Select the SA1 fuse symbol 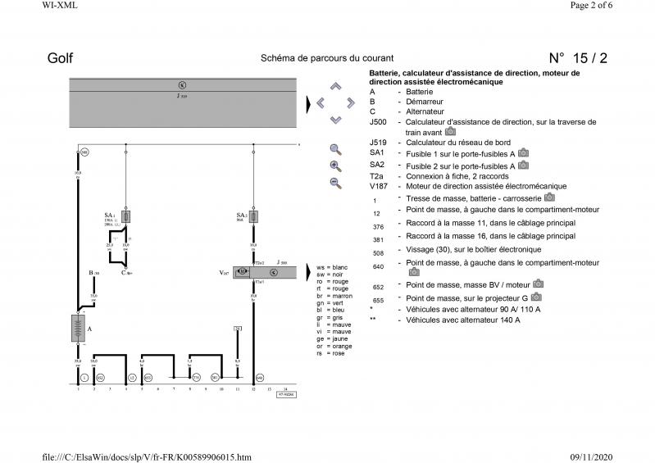125,216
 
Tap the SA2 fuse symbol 254,216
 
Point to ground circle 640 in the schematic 260,377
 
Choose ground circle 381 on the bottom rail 215,377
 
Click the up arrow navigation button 335,86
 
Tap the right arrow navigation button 351,102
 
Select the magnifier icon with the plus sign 335,166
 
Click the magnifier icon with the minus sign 335,182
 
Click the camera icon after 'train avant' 450,131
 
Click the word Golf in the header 61,58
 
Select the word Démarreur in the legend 425,102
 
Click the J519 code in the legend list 378,142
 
